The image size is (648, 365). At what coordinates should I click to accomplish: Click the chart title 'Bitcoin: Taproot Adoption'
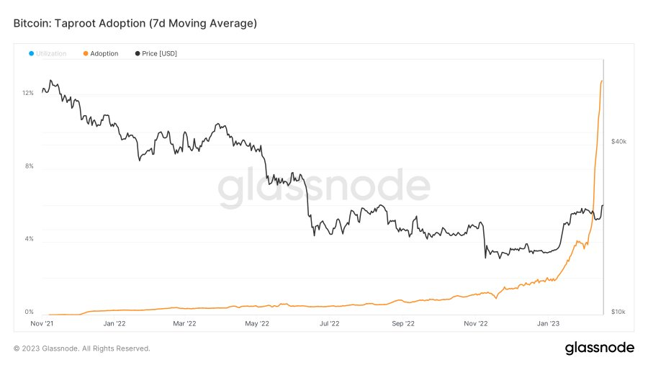(x=135, y=24)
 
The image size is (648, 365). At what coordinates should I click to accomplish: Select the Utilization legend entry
(x=48, y=54)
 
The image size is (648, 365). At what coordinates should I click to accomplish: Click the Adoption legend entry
(x=101, y=54)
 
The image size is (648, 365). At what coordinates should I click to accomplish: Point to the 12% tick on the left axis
(x=28, y=94)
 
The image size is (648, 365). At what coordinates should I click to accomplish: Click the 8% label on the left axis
(x=30, y=166)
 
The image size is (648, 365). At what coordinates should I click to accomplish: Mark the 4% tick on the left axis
(x=30, y=239)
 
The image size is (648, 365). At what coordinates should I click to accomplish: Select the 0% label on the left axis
(x=30, y=312)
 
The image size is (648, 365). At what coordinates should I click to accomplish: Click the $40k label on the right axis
(x=618, y=142)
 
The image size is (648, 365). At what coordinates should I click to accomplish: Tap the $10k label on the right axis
(x=618, y=312)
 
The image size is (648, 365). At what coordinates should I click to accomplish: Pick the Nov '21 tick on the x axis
(x=42, y=324)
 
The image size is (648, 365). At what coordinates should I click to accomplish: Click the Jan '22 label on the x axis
(x=114, y=324)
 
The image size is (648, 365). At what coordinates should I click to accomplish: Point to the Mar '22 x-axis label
(x=184, y=324)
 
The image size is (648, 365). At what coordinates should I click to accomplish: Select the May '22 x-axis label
(x=257, y=324)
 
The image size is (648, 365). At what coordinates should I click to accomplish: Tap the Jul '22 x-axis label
(x=329, y=324)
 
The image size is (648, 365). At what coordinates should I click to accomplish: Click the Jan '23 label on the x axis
(x=549, y=324)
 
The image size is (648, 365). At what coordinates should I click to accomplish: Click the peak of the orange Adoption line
(x=602, y=81)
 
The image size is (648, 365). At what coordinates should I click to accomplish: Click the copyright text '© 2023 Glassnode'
(x=81, y=348)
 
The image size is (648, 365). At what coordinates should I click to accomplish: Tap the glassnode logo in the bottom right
(x=599, y=348)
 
